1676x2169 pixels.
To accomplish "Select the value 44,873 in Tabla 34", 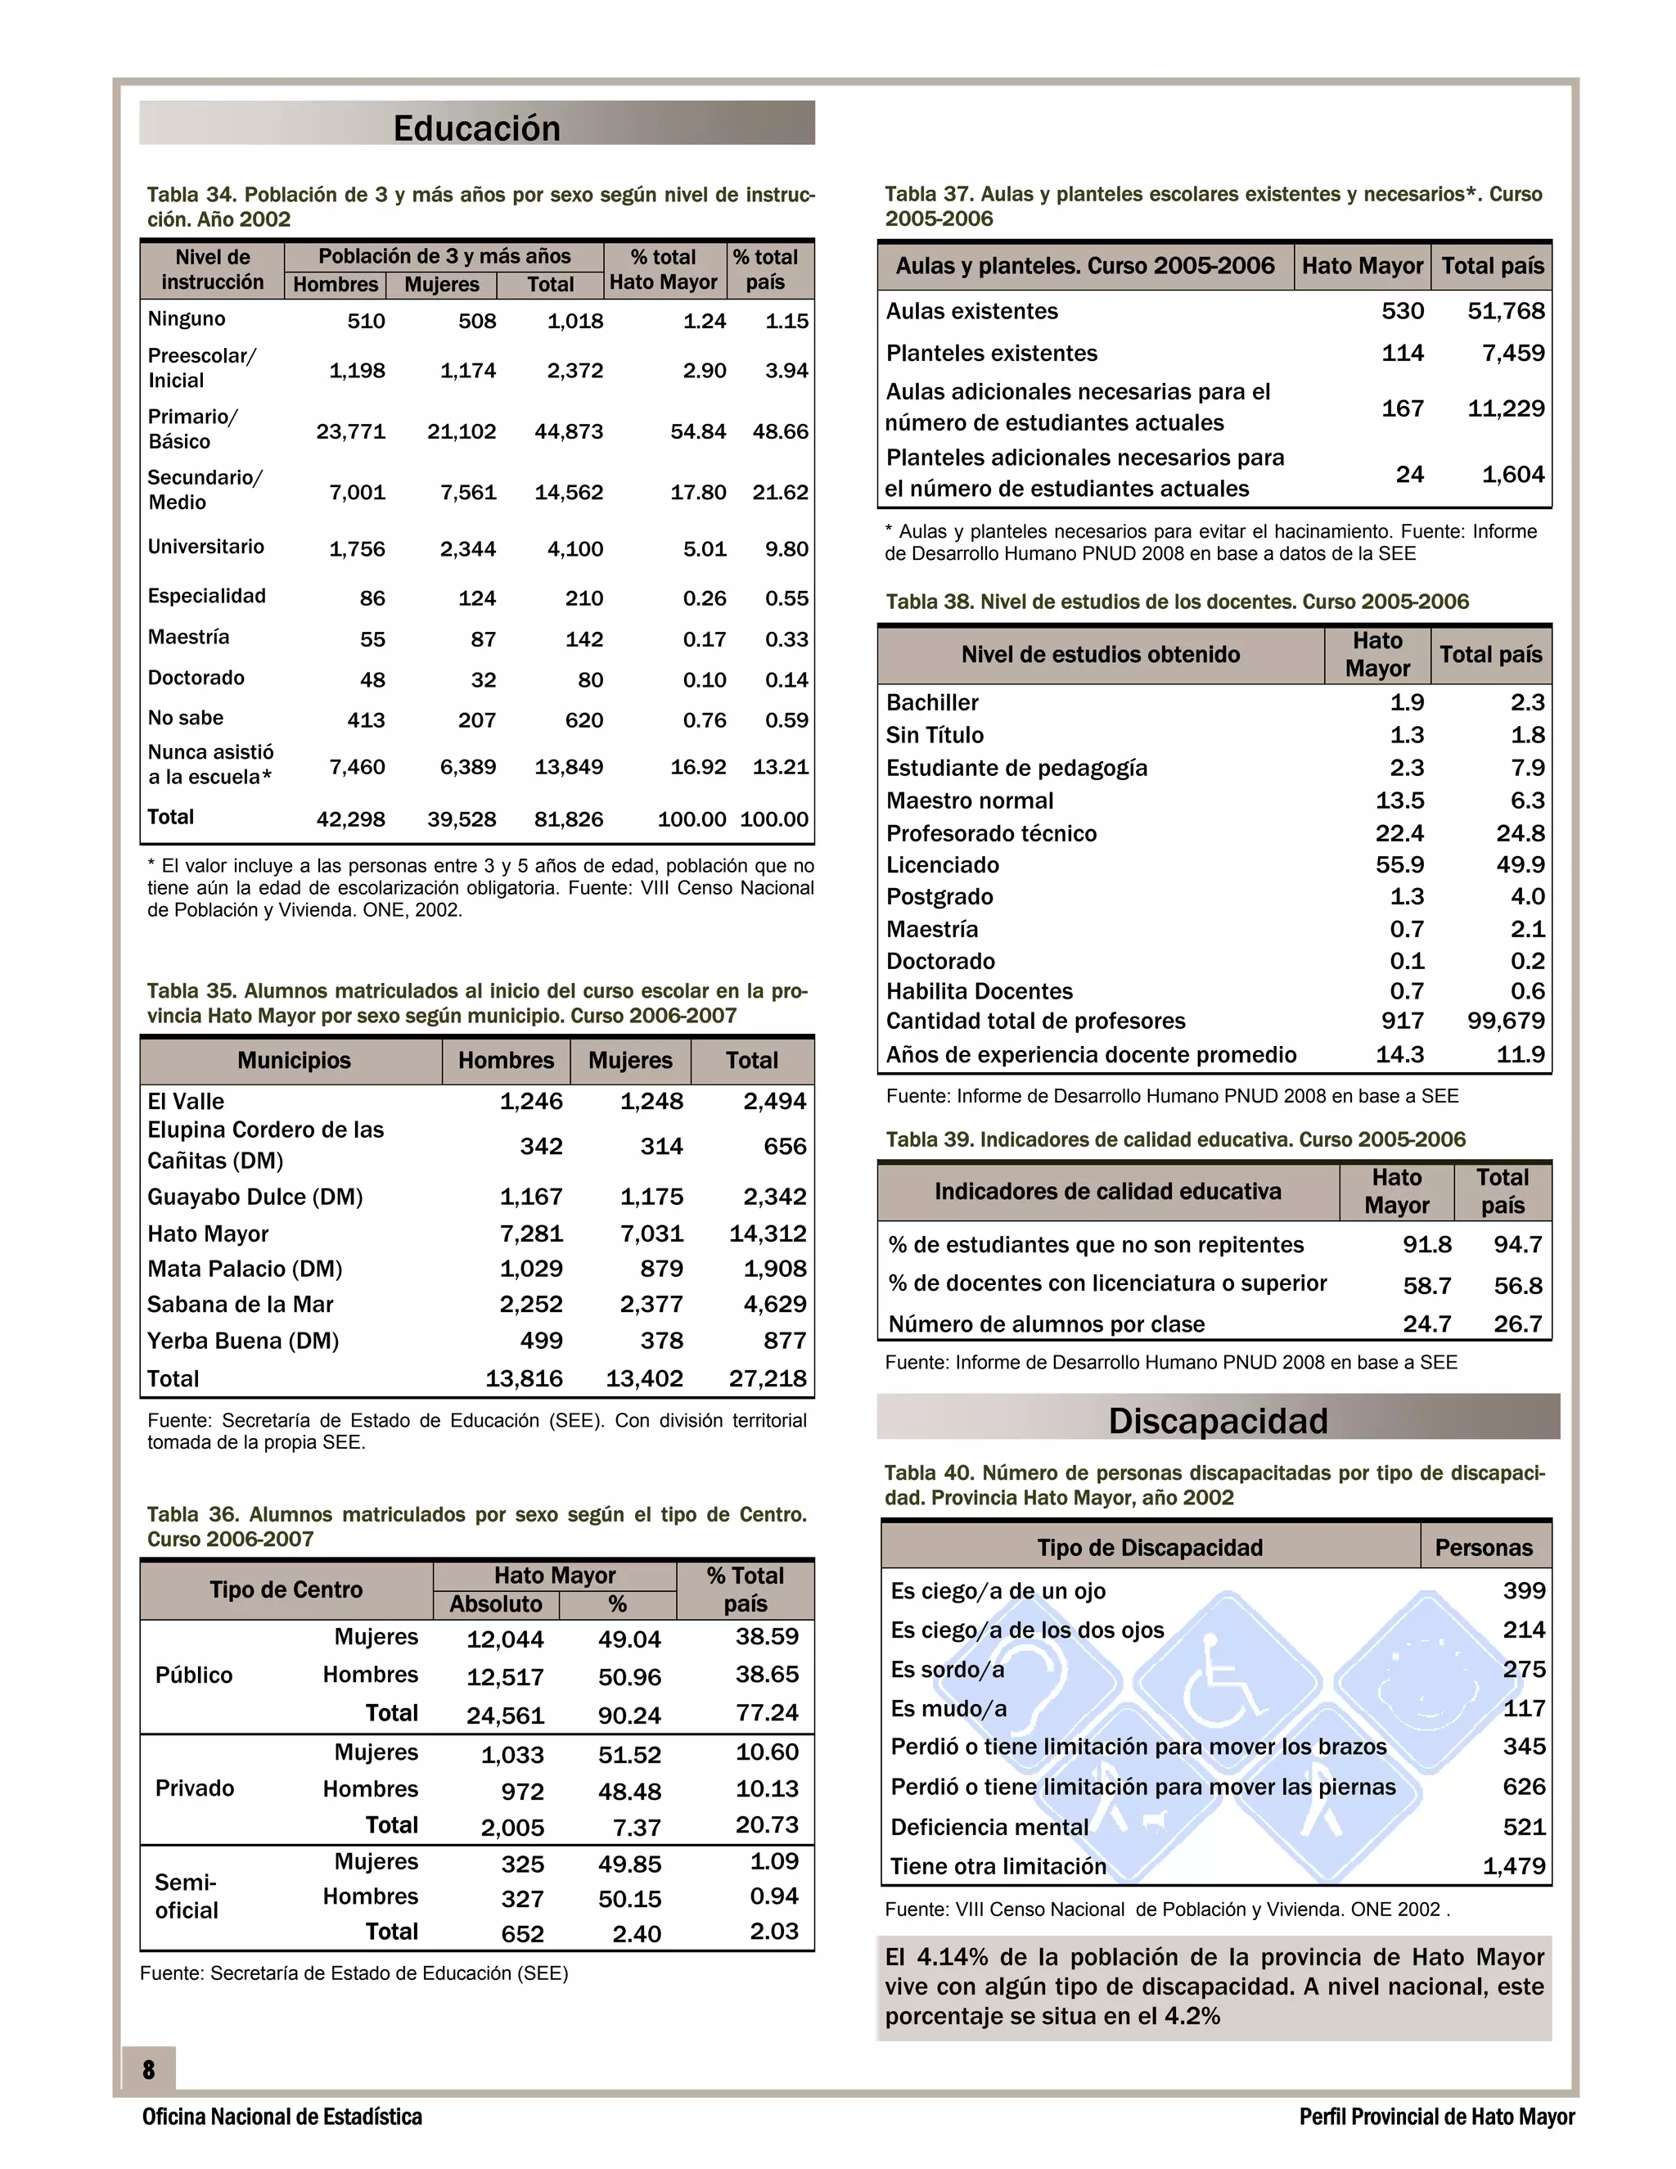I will pyautogui.click(x=569, y=432).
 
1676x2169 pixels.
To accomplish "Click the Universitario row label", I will pyautogui.click(x=206, y=548).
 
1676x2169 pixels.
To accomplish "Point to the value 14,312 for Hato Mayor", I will pyautogui.click(x=768, y=1233).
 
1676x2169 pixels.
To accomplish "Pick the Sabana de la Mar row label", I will pyautogui.click(x=241, y=1304).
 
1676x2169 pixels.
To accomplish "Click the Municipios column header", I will pyautogui.click(x=294, y=1061).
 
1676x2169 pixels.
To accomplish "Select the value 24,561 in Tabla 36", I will pyautogui.click(x=506, y=1715).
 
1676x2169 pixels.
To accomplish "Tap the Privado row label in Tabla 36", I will pyautogui.click(x=195, y=1788).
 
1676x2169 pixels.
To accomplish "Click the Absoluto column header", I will pyautogui.click(x=495, y=1604).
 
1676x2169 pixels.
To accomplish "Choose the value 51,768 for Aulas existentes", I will pyautogui.click(x=1505, y=311).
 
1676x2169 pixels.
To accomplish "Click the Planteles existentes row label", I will pyautogui.click(x=992, y=354).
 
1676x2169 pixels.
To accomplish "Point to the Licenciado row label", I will pyautogui.click(x=942, y=865).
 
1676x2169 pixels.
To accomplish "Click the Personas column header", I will pyautogui.click(x=1484, y=1547).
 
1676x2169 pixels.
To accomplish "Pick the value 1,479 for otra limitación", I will pyautogui.click(x=1513, y=1866).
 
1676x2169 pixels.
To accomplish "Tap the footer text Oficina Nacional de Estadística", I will pyautogui.click(x=282, y=2117).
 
